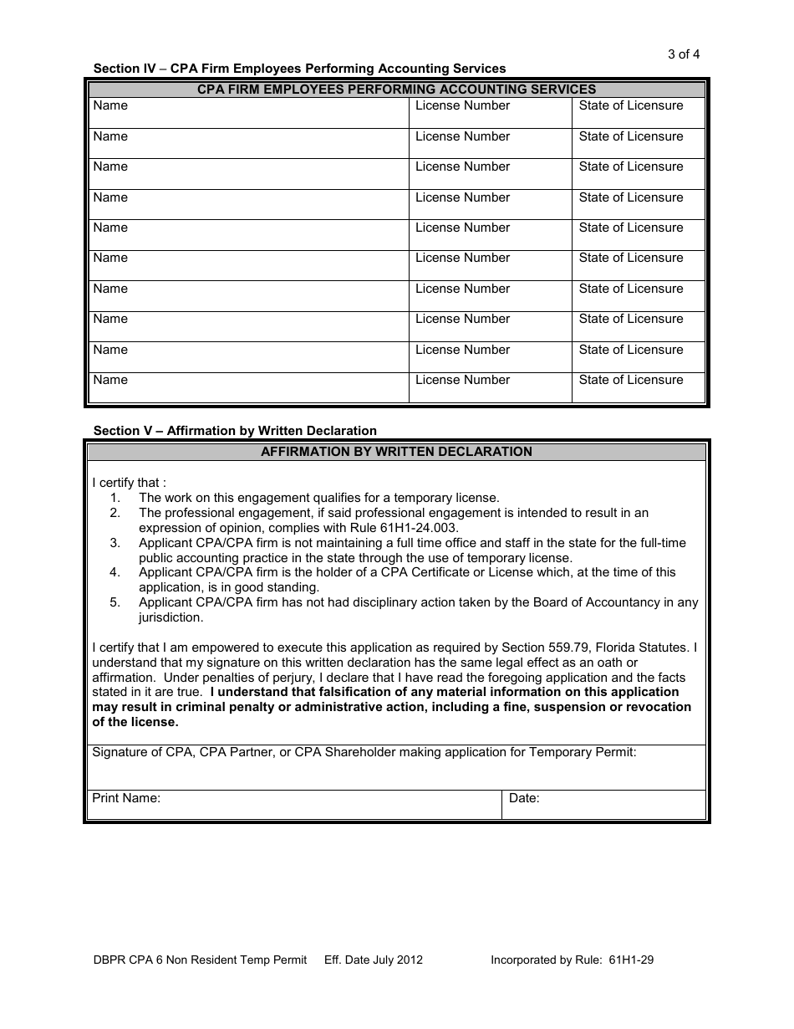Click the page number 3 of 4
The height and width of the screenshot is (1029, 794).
[683, 54]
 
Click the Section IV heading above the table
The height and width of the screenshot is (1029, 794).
[299, 69]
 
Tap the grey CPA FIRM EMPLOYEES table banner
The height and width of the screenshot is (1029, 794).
[396, 89]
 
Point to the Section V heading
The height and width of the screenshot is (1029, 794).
[235, 431]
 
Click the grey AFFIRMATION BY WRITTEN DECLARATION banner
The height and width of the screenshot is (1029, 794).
[396, 452]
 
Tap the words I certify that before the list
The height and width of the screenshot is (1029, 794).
[129, 483]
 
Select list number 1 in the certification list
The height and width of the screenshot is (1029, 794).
[115, 498]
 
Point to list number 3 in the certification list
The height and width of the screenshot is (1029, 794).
[115, 543]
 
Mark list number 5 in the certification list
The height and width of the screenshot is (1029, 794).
[115, 602]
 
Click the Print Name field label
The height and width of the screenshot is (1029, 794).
[126, 798]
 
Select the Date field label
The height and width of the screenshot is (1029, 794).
[524, 798]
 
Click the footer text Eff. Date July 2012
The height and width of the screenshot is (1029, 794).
[373, 960]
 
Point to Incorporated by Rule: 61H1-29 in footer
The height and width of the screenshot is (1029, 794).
[572, 960]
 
